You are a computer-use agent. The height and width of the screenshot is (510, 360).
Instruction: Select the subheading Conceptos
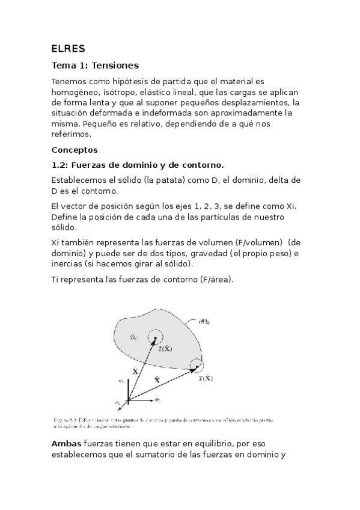pyautogui.click(x=75, y=149)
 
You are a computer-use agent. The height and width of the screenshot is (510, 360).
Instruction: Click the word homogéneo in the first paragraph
pyautogui.click(x=77, y=91)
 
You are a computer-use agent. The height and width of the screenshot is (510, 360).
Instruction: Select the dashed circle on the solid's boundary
pyautogui.click(x=195, y=366)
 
